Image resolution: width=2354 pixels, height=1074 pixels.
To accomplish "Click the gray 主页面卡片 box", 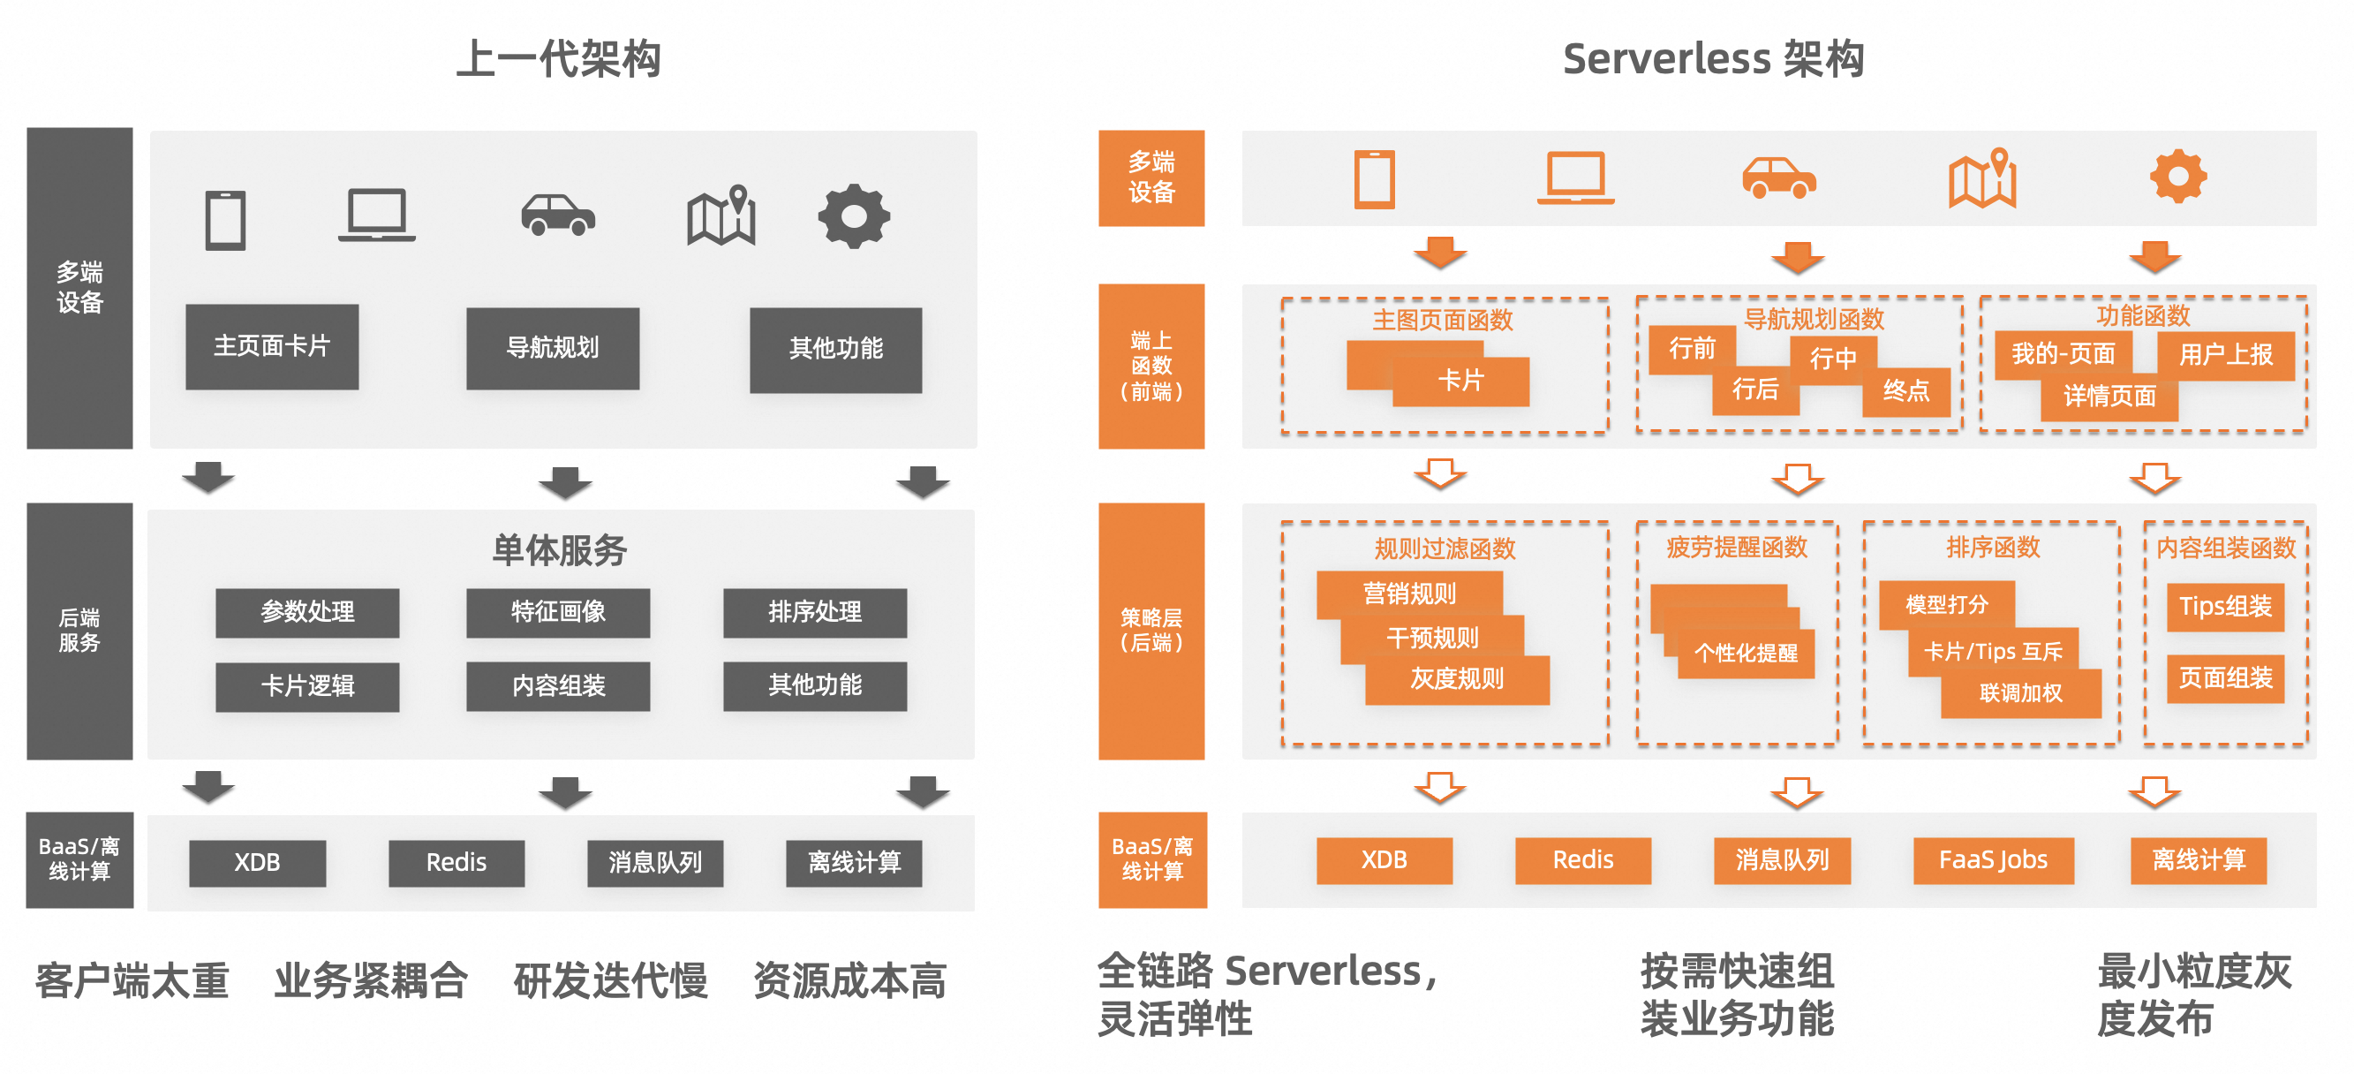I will (271, 346).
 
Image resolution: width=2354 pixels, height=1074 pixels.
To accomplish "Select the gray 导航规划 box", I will (552, 348).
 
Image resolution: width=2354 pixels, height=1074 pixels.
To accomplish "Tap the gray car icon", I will (557, 216).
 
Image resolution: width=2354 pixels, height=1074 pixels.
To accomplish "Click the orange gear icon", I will (2177, 176).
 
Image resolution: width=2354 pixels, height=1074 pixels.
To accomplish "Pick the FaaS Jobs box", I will (1993, 860).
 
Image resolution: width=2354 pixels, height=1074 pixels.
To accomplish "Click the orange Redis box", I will (1583, 860).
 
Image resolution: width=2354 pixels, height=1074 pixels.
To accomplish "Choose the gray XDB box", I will (257, 863).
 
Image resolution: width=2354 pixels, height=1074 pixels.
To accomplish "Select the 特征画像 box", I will (557, 611).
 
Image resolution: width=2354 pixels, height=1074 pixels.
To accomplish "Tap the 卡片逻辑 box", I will (307, 685).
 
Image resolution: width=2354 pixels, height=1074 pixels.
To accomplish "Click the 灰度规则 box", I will (1457, 679).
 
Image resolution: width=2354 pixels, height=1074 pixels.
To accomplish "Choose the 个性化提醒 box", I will (1746, 654).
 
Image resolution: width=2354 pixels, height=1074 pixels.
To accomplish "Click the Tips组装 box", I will (2225, 607).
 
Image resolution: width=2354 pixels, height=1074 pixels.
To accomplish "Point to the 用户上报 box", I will (2225, 355).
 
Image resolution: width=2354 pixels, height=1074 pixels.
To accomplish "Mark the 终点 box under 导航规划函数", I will (1905, 392).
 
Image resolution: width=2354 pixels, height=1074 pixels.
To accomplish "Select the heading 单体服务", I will (559, 550).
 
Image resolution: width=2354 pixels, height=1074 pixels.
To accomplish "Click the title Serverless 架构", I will (1714, 58).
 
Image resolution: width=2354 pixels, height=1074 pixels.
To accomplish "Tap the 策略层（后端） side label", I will (1151, 631).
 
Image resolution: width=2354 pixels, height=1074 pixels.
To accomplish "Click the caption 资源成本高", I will (849, 980).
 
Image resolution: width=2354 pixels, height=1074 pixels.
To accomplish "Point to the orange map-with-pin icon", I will (1982, 178).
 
